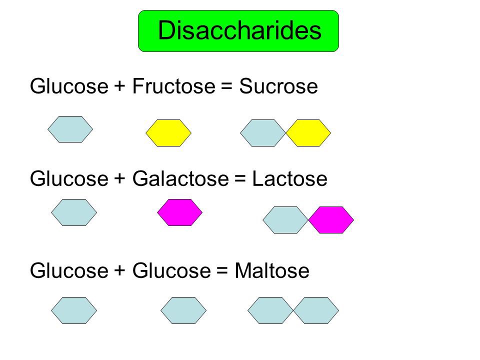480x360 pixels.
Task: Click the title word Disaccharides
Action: (x=239, y=31)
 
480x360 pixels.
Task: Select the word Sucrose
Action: (x=278, y=87)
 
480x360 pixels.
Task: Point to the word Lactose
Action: (x=289, y=179)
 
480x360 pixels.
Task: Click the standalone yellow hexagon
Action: (x=168, y=133)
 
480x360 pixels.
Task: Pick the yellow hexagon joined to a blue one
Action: (x=308, y=133)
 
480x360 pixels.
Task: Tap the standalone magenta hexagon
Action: (x=179, y=212)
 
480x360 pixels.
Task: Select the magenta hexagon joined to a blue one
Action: (x=331, y=220)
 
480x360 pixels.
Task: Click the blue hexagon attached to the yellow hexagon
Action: (x=263, y=133)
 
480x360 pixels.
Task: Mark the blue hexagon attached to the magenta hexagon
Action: (x=285, y=220)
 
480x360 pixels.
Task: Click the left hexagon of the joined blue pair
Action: (x=270, y=310)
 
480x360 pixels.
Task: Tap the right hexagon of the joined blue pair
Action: (x=316, y=310)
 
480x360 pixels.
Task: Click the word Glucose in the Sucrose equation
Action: (x=68, y=87)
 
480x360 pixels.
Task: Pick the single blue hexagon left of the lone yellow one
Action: (x=70, y=129)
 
